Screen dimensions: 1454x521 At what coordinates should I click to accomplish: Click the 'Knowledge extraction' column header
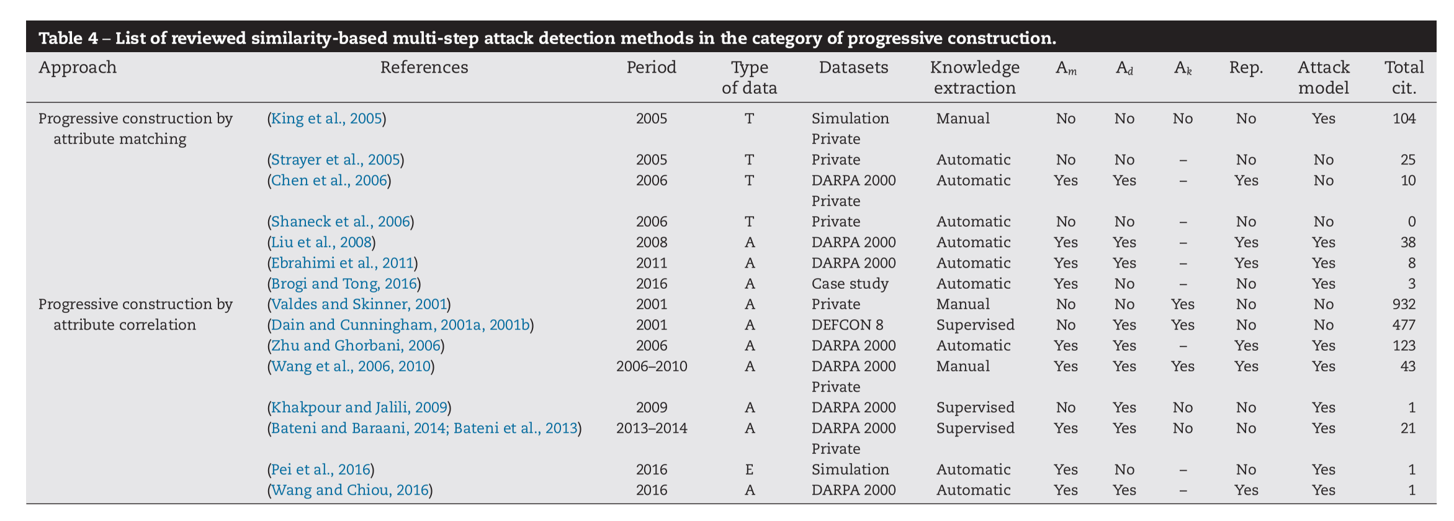click(974, 78)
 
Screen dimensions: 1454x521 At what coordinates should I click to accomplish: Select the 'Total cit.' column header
click(1404, 78)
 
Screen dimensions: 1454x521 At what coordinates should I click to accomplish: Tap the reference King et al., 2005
click(326, 119)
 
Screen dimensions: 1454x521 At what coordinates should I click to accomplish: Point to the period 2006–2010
click(652, 366)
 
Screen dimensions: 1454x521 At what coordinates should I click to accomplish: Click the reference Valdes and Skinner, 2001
click(359, 304)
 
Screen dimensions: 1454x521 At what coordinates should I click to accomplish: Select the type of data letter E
click(749, 469)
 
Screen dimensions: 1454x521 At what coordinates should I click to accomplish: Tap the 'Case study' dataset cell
click(850, 284)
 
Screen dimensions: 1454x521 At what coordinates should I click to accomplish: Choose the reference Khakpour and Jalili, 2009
click(359, 407)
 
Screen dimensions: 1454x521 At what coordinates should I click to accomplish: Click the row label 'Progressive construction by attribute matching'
click(135, 129)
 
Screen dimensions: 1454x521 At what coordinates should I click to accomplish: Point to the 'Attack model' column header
click(1324, 78)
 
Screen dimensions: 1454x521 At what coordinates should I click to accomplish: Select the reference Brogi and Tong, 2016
click(344, 284)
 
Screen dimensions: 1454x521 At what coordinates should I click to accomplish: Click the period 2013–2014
click(652, 428)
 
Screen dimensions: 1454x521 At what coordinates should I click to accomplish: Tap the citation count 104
click(1404, 119)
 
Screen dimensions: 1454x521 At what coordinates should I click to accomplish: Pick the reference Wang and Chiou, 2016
click(349, 490)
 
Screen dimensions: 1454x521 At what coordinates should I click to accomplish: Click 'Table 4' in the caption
click(68, 39)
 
